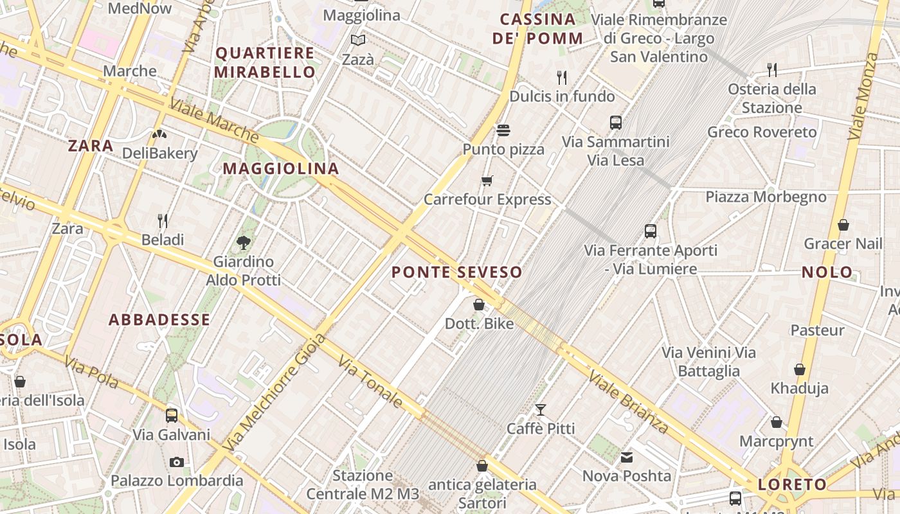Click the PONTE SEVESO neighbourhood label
pos(456,272)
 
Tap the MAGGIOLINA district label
pos(281,169)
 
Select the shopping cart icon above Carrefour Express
pos(487,181)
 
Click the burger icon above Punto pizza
pos(503,130)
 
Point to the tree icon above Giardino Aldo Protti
pos(243,242)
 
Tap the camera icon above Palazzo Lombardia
pos(176,462)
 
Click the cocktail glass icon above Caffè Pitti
pos(541,409)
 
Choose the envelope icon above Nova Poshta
pos(627,457)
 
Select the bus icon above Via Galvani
pos(171,415)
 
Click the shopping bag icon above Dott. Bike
pos(479,305)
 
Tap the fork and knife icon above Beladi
pos(163,221)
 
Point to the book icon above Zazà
pos(358,40)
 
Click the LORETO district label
pos(792,485)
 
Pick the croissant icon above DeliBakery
pos(159,134)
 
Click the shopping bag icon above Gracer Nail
pos(843,225)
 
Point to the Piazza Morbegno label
pos(766,197)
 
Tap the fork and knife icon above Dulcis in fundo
pos(562,78)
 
